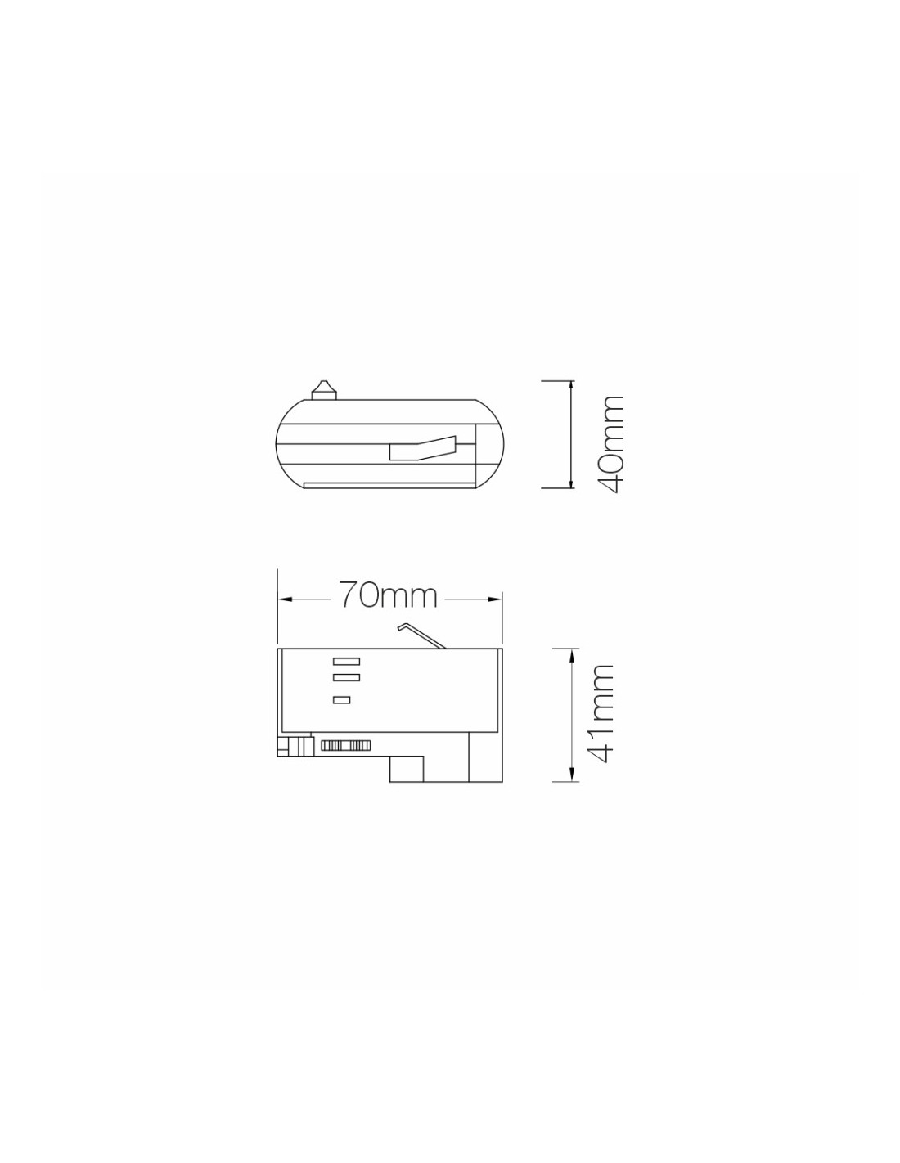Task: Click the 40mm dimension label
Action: point(610,444)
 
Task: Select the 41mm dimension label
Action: point(599,715)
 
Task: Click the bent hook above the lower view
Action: point(421,635)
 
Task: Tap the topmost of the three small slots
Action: point(346,661)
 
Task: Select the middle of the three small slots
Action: point(346,677)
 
